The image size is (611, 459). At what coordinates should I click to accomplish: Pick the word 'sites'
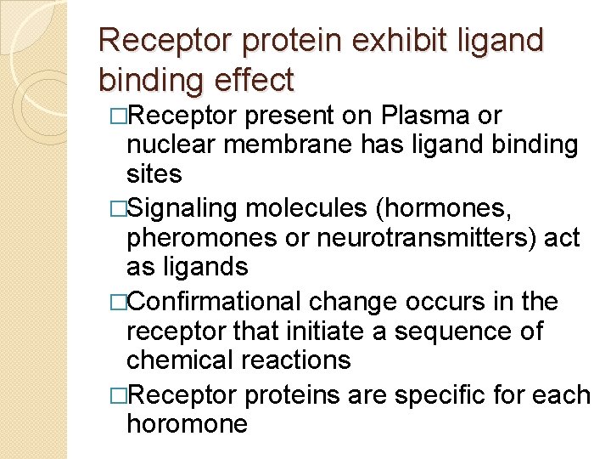[154, 174]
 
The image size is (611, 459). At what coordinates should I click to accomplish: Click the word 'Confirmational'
[217, 302]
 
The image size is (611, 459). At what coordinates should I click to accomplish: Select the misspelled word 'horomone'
[187, 424]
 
